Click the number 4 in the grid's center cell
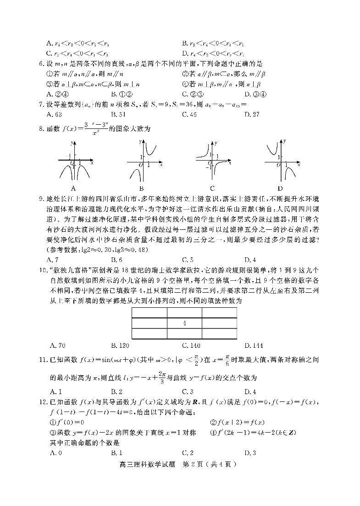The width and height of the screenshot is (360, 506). tap(184, 323)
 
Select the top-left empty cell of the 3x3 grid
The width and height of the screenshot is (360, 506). tap(149, 312)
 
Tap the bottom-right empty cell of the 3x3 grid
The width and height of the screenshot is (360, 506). tap(219, 334)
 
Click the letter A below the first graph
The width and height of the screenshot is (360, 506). tap(73, 188)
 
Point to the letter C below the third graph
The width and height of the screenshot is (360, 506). tap(212, 188)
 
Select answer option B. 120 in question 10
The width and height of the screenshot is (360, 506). tap(121, 345)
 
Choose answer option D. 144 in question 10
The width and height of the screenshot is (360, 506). tap(253, 345)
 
